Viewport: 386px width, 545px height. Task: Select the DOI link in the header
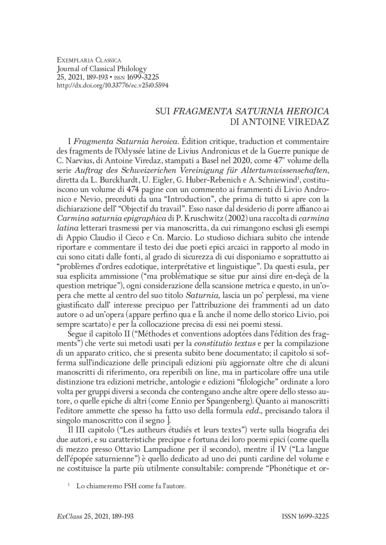click(x=106, y=84)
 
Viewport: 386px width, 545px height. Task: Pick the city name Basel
click(x=207, y=160)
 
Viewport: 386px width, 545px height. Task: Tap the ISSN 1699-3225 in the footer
click(x=305, y=517)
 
